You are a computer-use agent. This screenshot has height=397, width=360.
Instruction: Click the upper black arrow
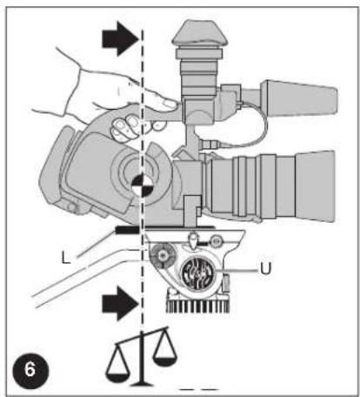[120, 38]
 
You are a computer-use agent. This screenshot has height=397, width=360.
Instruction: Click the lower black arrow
[120, 303]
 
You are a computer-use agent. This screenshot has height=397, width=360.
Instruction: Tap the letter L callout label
[66, 258]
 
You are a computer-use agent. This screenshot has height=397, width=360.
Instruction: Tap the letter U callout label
[265, 268]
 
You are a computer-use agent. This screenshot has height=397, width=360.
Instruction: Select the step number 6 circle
[30, 371]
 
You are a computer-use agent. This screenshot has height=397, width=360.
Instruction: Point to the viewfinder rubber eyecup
[200, 33]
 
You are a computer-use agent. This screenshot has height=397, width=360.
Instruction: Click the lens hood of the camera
[315, 186]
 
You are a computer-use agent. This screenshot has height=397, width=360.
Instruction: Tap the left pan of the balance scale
[117, 377]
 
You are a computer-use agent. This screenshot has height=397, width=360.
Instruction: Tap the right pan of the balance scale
[164, 360]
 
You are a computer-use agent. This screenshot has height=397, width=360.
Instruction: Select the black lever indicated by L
[128, 230]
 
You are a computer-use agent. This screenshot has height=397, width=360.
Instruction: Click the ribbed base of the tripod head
[197, 304]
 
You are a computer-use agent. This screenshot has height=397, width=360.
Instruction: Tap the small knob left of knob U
[163, 255]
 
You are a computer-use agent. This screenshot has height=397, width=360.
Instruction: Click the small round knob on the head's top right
[216, 241]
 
